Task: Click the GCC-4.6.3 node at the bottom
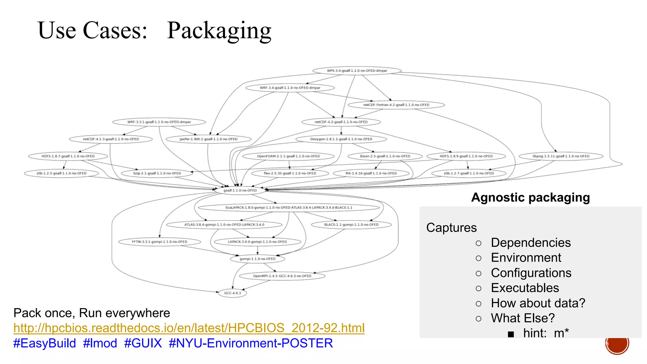[x=233, y=293]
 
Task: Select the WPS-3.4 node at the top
[x=357, y=70]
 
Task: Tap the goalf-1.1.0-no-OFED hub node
[x=240, y=190]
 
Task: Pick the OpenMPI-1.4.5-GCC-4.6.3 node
[x=282, y=276]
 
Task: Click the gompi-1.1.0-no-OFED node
[x=257, y=259]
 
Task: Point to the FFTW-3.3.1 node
[x=160, y=242]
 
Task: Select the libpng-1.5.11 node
[x=561, y=156]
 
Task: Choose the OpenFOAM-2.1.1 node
[x=288, y=156]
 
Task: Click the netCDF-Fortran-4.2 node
[x=396, y=105]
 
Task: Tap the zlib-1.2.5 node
[x=61, y=173]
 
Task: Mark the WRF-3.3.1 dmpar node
[x=159, y=122]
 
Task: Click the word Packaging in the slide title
[x=219, y=30]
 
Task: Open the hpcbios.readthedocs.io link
[x=189, y=328]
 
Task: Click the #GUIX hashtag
[x=143, y=343]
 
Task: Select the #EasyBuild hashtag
[x=45, y=343]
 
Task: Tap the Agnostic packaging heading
[x=530, y=197]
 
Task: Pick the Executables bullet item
[x=525, y=288]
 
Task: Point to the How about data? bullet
[x=538, y=303]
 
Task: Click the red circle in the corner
[x=617, y=343]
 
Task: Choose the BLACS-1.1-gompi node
[x=351, y=225]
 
